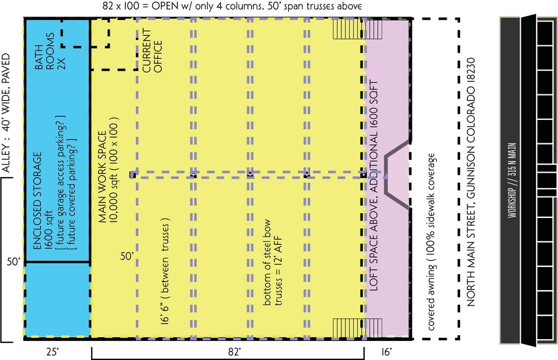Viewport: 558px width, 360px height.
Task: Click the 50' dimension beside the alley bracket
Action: [13, 261]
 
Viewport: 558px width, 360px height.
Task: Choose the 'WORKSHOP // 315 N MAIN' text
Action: [511, 178]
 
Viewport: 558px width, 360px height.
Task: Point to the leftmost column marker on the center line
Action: [132, 175]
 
